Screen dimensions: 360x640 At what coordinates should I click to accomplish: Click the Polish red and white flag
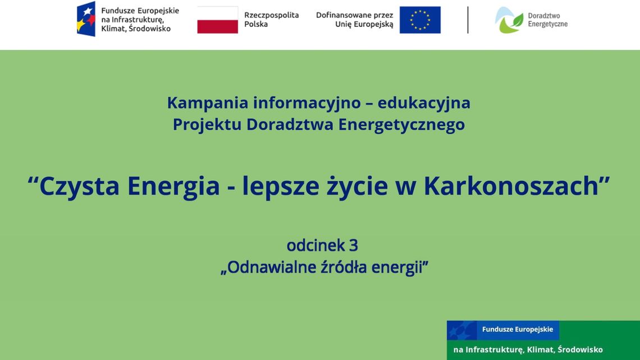[217, 20]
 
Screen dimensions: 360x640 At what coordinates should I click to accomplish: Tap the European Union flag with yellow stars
[420, 20]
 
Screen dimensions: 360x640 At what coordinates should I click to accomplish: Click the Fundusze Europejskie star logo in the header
[86, 19]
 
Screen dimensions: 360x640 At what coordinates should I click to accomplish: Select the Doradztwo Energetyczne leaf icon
[508, 20]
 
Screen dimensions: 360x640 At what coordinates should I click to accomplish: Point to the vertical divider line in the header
[468, 20]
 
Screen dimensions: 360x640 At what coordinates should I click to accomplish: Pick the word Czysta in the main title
[79, 186]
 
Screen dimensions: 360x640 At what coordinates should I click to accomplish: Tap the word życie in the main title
[357, 186]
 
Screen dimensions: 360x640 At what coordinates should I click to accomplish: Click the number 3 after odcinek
[353, 245]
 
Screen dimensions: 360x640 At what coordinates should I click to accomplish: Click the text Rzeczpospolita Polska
[271, 20]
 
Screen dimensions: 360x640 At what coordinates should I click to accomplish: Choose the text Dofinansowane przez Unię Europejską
[354, 20]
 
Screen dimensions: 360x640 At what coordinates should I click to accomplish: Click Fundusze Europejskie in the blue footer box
[517, 330]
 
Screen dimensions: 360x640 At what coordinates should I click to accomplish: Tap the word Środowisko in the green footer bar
[580, 350]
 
